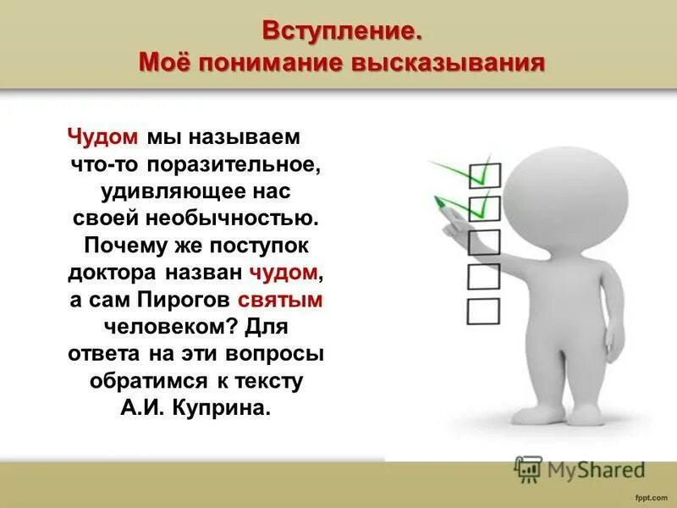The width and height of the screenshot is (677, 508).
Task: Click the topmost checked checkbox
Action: click(x=484, y=175)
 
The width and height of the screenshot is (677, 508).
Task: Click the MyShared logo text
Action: click(x=592, y=468)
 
